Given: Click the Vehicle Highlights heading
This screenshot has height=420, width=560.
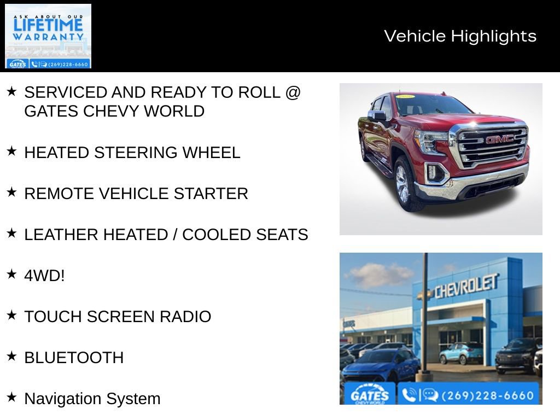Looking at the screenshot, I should (460, 36).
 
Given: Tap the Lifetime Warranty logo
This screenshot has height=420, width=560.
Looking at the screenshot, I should (48, 36).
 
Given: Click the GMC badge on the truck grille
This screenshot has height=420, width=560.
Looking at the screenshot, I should (500, 139).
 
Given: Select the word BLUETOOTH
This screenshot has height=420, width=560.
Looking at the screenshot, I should (74, 358).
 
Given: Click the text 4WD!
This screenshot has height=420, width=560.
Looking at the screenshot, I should (44, 276).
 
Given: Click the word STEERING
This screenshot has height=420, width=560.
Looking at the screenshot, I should (136, 153).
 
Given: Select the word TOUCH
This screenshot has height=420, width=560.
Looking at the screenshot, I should (51, 317).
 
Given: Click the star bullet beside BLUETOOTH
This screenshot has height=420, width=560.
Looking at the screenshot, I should (11, 357).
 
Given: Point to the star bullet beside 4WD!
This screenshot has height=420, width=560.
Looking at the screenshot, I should (11, 275).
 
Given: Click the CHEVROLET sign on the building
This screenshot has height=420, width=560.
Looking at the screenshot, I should (466, 286).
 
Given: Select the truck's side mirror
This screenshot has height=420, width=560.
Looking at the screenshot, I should (377, 115).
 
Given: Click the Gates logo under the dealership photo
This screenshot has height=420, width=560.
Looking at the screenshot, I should (369, 395).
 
